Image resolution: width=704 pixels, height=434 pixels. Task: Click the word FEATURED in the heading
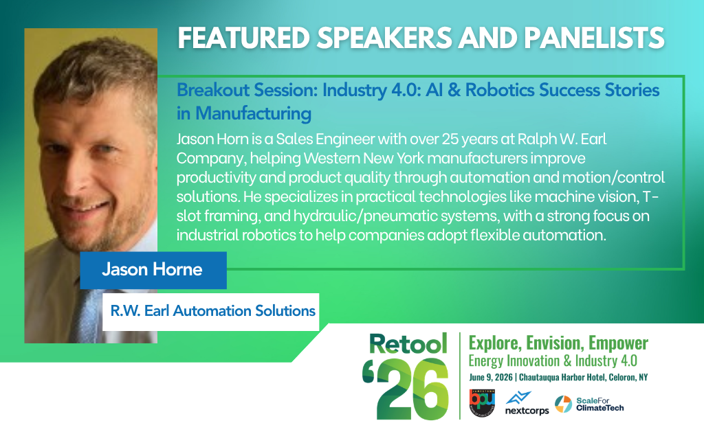coord(244,38)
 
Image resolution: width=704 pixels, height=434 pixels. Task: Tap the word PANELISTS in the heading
coord(594,38)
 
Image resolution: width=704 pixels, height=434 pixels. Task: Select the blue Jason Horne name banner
coord(153,270)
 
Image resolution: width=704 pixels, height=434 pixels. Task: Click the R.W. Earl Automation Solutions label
coord(213,310)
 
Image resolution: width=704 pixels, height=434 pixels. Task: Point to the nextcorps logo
coord(527,404)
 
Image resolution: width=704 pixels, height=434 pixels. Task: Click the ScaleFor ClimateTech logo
coord(589,404)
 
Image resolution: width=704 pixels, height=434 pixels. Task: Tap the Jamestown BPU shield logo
coord(482,402)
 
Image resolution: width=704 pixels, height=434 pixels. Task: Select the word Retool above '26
coord(408,344)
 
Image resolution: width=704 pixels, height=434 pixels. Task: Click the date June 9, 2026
coord(491,377)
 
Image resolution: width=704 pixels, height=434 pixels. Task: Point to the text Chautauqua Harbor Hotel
coord(562,377)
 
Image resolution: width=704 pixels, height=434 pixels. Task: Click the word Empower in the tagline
coord(618,343)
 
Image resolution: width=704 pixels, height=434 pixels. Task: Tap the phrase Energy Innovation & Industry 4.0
coord(553,361)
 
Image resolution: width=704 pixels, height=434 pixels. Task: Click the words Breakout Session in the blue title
coord(247,90)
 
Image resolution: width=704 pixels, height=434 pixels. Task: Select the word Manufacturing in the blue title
coord(253,113)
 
